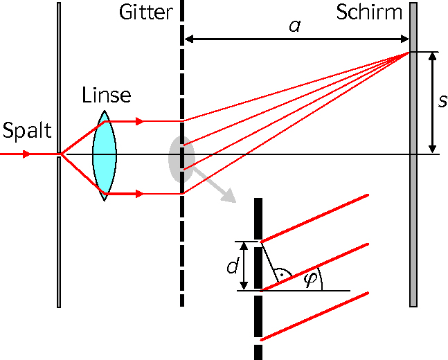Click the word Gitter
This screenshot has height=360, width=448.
[146, 12]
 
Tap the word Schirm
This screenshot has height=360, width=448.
[369, 12]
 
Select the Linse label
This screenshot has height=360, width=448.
[107, 95]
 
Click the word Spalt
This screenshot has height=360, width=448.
[27, 131]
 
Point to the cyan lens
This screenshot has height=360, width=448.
[105, 156]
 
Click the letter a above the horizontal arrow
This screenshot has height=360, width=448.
[295, 26]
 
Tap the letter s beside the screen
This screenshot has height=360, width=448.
[442, 101]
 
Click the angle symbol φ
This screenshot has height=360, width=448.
[310, 279]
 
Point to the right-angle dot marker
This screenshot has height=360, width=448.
[281, 275]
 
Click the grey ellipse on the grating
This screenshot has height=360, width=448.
[181, 159]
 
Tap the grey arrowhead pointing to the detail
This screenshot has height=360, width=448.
[229, 197]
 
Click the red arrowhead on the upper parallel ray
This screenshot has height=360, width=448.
[139, 121]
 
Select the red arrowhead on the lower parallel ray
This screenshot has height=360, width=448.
[139, 194]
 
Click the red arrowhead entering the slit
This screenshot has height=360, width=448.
[26, 154]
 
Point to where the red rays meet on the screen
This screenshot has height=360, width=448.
[409, 53]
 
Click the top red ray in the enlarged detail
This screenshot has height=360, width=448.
[314, 218]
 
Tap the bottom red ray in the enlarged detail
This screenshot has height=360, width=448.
[314, 316]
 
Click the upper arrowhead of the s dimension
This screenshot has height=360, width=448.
[433, 56]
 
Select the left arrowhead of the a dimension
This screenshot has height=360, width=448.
[189, 39]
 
